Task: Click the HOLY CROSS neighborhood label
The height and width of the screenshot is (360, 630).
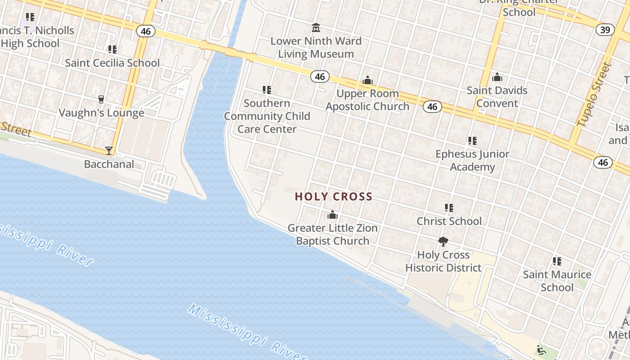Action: click(333, 197)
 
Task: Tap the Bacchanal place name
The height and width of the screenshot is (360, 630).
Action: click(109, 164)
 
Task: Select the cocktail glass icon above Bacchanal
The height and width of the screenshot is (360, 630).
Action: click(109, 151)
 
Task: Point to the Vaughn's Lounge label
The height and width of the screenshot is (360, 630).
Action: click(101, 113)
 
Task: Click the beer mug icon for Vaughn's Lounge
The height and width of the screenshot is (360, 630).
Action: click(101, 99)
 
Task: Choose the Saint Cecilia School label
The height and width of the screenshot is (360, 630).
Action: click(112, 63)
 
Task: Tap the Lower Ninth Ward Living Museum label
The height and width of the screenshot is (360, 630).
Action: click(316, 48)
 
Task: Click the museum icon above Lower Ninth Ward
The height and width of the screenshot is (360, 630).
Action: click(316, 28)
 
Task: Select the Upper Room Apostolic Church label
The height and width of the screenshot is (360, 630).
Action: click(368, 100)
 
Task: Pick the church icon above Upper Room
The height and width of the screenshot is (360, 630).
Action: click(368, 81)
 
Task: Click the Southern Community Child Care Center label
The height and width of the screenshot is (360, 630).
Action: click(267, 116)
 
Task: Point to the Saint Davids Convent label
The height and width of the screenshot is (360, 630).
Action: click(497, 97)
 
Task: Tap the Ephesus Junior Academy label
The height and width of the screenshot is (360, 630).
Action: click(472, 161)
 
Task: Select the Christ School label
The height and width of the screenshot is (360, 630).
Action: click(449, 221)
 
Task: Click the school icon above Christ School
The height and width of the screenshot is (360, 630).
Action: click(449, 208)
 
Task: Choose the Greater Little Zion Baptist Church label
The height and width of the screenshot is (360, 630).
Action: click(333, 234)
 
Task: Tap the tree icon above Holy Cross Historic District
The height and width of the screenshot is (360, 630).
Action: click(443, 242)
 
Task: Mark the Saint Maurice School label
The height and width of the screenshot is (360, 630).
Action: click(557, 281)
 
